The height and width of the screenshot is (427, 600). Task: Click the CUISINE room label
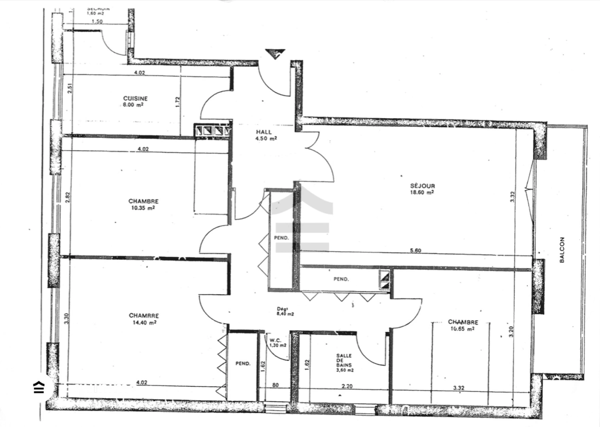(x=135, y=98)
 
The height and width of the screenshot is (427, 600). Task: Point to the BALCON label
(x=562, y=250)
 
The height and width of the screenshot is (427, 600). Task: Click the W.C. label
(x=275, y=340)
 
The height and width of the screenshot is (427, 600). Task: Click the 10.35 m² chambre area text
(x=143, y=208)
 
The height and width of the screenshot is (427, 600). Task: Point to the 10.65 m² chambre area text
(x=462, y=329)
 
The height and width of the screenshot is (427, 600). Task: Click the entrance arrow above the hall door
(x=275, y=53)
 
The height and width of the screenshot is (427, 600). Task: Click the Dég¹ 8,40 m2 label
(x=285, y=312)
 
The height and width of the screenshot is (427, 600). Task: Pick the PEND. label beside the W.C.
(x=243, y=364)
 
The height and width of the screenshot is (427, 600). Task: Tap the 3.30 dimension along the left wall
(x=66, y=319)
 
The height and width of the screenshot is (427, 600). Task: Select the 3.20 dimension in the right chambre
(x=511, y=331)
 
